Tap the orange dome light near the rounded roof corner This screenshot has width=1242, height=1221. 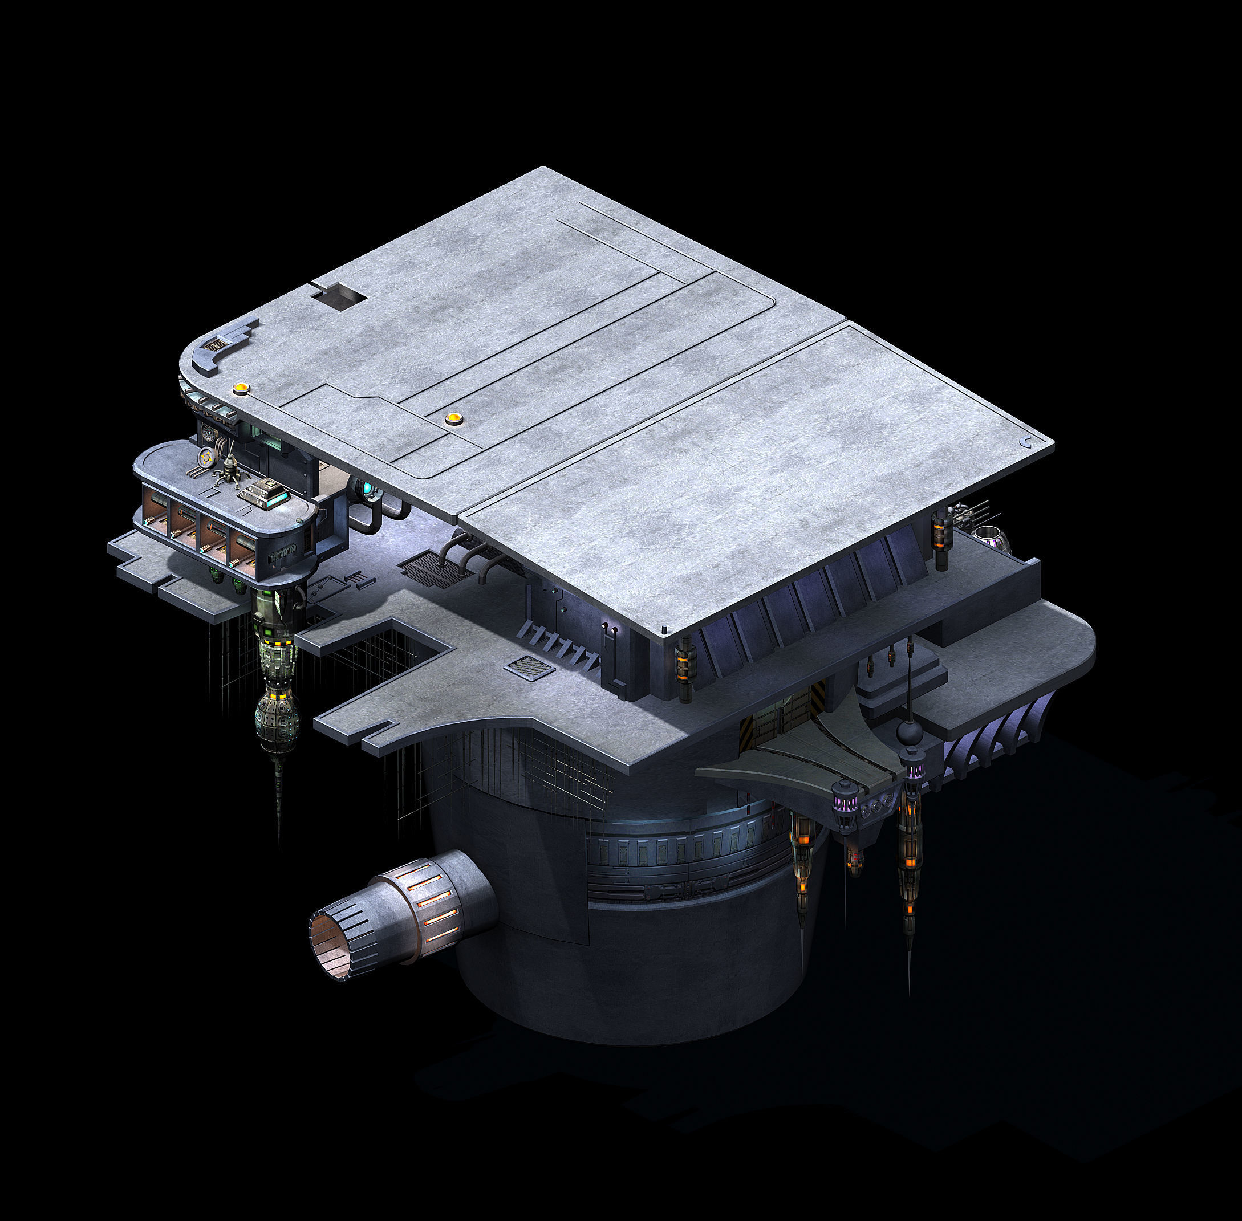241,388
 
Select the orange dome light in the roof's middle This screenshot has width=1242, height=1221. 453,419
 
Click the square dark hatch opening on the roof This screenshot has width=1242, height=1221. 338,296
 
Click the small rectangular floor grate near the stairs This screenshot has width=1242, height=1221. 530,668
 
